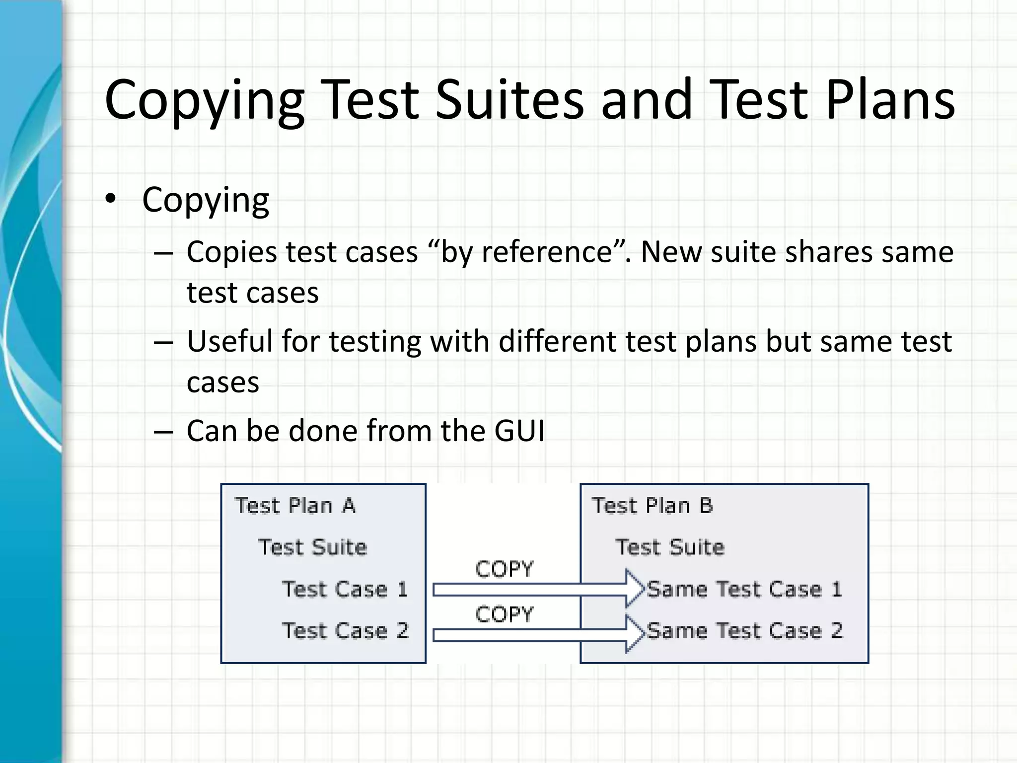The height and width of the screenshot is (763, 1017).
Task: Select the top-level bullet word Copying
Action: click(x=206, y=200)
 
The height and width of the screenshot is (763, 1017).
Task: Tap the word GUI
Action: click(x=519, y=430)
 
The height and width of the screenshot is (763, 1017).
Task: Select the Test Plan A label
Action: click(x=295, y=506)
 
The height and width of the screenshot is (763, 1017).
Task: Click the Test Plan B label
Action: click(x=652, y=506)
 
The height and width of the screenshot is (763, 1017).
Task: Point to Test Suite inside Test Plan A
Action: click(x=313, y=547)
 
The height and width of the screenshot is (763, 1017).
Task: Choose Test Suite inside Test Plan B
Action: click(x=670, y=547)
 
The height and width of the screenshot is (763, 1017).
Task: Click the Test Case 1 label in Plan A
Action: click(x=345, y=589)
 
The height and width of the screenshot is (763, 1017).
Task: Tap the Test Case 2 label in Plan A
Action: click(x=345, y=631)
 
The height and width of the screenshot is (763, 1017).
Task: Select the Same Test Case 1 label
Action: click(x=745, y=589)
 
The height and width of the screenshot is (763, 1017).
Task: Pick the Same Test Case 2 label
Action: click(x=745, y=631)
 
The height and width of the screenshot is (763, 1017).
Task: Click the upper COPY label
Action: click(x=504, y=569)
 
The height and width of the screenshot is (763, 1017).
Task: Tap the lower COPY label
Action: click(x=504, y=615)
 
